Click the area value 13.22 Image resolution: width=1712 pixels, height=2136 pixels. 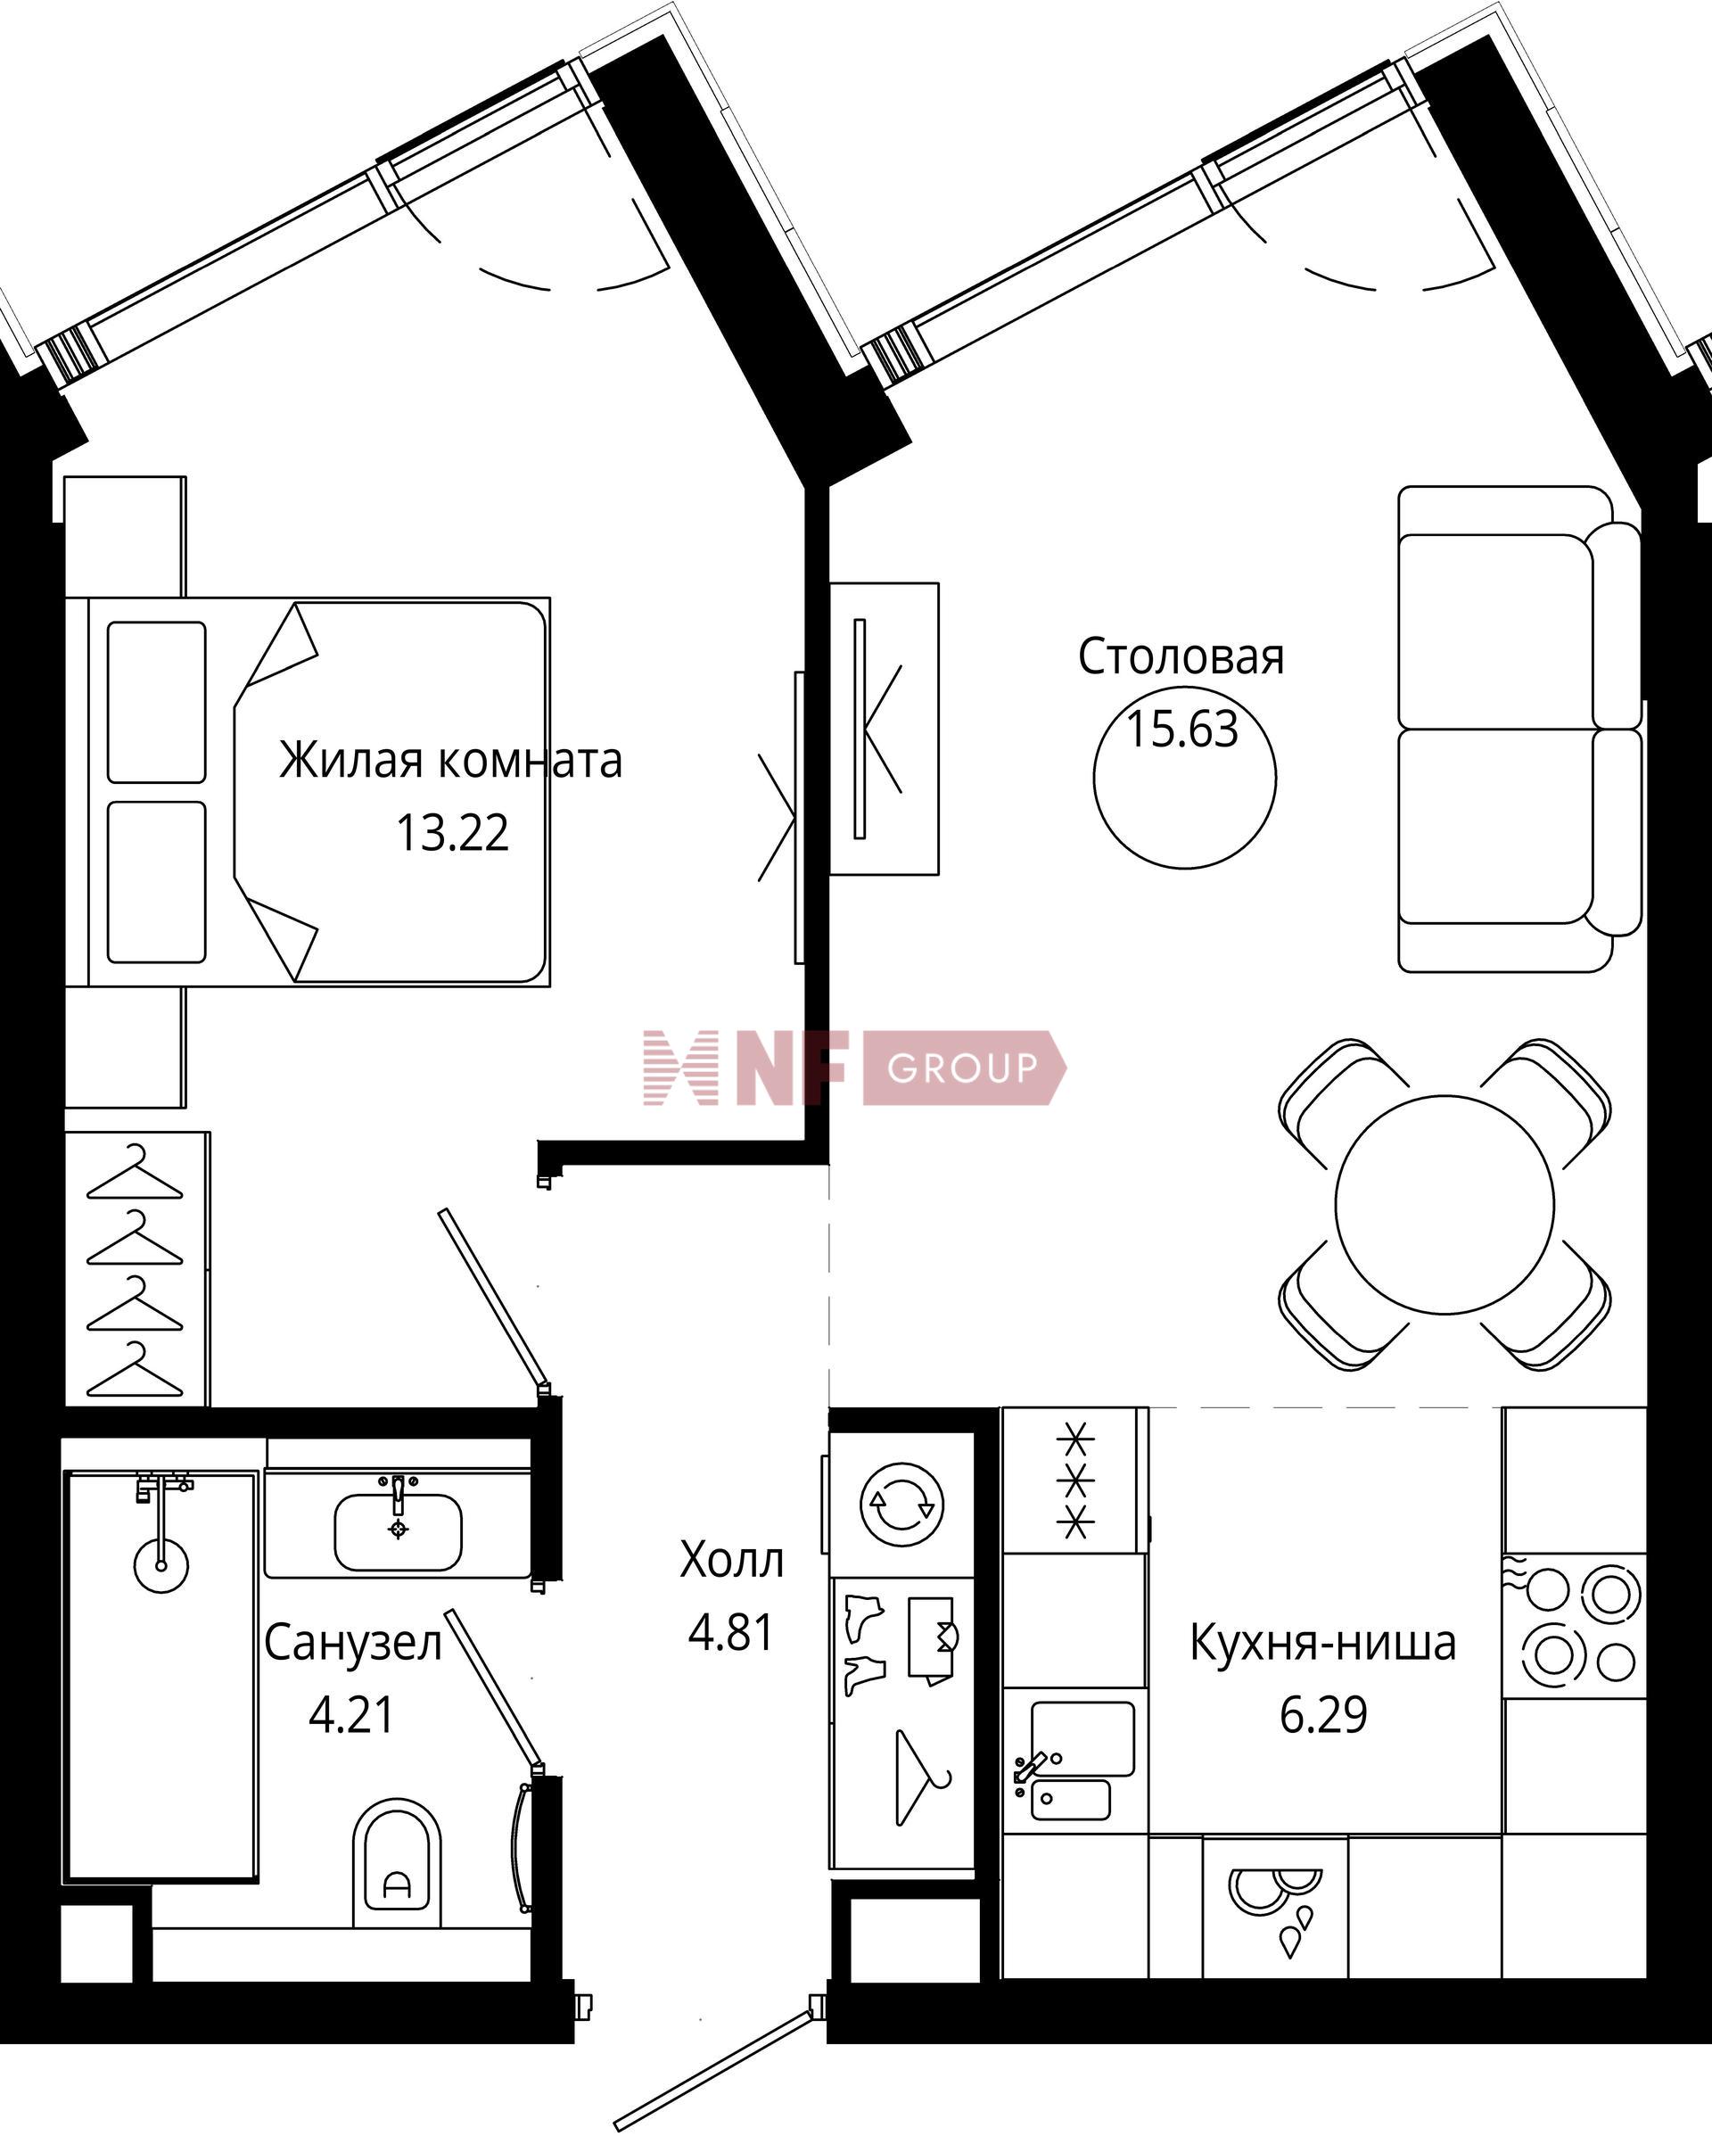click(453, 833)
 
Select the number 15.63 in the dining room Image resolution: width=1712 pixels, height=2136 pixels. click(1183, 730)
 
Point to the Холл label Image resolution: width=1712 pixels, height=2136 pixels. click(731, 1561)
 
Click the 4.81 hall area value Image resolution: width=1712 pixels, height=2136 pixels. click(731, 1633)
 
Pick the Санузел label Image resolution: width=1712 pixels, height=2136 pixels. click(353, 1644)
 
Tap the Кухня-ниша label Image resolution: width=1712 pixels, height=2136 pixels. click(1322, 1643)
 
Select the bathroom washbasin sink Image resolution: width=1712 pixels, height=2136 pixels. click(399, 1531)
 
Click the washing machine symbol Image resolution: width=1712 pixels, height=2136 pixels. click(901, 1505)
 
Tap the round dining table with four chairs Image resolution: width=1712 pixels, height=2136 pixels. click(1444, 1204)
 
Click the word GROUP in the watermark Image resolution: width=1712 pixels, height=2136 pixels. click(962, 1068)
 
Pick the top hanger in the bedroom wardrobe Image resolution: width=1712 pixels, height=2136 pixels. click(135, 1172)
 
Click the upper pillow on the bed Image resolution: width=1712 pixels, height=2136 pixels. click(157, 701)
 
